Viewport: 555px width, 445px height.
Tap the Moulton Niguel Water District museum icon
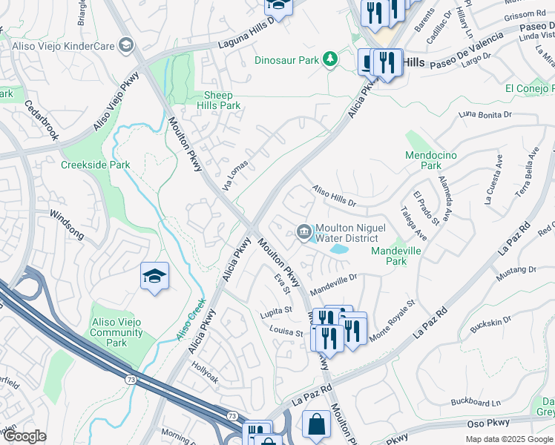[304, 232]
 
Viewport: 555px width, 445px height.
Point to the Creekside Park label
[95, 165]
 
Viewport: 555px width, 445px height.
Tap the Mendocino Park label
[423, 160]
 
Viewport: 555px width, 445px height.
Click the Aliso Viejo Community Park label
[116, 333]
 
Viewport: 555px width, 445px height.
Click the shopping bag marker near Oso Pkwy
[317, 426]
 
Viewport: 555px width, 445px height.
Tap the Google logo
[24, 436]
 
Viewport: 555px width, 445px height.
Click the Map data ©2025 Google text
[508, 439]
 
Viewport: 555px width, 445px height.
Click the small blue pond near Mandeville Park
[338, 250]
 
